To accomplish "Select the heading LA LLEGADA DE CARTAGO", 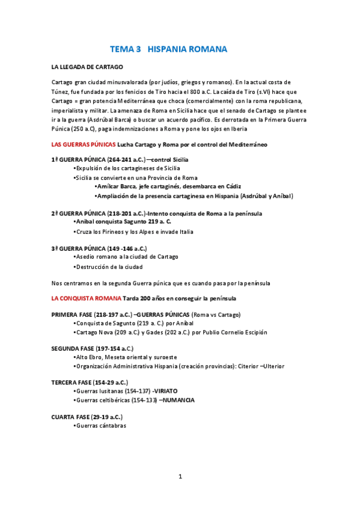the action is point(87,67).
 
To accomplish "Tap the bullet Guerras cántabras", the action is point(101,426).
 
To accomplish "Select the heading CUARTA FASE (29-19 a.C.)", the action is point(87,417).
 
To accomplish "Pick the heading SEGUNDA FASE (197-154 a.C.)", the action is point(93,348).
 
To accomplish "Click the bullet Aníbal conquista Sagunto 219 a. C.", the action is point(123,222).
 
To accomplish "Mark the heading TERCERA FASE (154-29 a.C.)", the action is point(90,382).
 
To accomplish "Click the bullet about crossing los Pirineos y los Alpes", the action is point(135,232).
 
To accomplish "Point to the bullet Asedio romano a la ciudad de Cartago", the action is point(127,257).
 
